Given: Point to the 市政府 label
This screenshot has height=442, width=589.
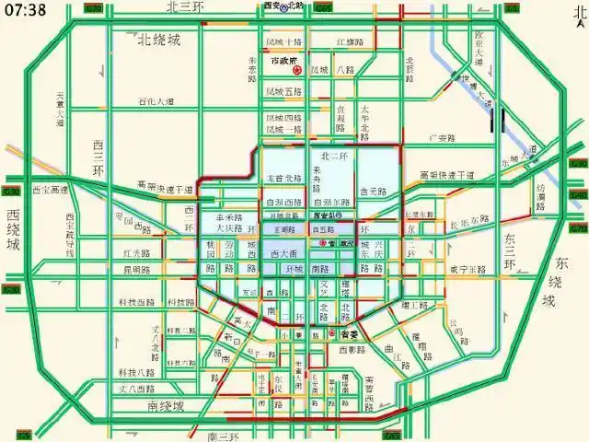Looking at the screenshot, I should coord(287,59).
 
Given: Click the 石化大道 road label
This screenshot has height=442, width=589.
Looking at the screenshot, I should coord(156,102).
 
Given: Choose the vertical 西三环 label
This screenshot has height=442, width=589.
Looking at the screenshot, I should coord(99,160).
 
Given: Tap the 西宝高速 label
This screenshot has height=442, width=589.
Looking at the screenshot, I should coord(50,191).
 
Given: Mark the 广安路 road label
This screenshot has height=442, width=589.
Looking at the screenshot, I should coord(445,139).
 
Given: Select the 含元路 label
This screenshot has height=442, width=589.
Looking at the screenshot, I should coord(371,192).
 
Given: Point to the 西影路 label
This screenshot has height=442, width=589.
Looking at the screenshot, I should coord(352,351).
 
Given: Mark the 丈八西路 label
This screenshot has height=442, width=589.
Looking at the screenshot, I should coord(135,390).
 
